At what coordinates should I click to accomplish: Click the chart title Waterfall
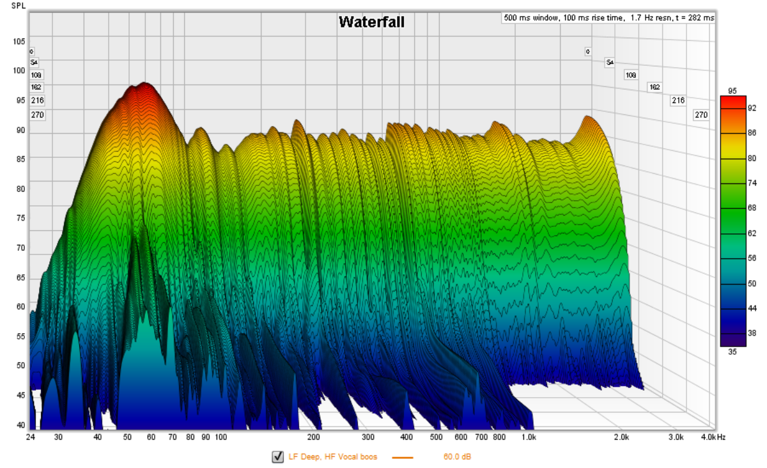pyautogui.click(x=371, y=22)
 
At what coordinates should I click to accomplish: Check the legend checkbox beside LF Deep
pyautogui.click(x=277, y=456)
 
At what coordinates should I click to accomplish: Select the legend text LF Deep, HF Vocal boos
pyautogui.click(x=332, y=457)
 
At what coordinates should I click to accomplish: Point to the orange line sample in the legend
pyautogui.click(x=403, y=457)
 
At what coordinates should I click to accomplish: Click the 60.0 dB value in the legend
pyautogui.click(x=457, y=457)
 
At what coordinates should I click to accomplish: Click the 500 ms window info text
pyautogui.click(x=608, y=18)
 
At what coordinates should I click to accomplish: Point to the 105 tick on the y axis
pyautogui.click(x=19, y=42)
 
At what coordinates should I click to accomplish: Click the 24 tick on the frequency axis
pyautogui.click(x=30, y=437)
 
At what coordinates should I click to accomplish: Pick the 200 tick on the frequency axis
pyautogui.click(x=313, y=437)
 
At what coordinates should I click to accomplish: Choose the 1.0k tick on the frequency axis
pyautogui.click(x=528, y=437)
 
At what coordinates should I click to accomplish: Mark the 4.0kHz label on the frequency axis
pyautogui.click(x=711, y=437)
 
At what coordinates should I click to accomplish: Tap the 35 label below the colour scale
pyautogui.click(x=732, y=351)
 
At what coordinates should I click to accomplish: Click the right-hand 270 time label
pyautogui.click(x=701, y=115)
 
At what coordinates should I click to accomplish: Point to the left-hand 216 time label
pyautogui.click(x=37, y=100)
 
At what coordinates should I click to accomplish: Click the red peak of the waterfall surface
pyautogui.click(x=145, y=87)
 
